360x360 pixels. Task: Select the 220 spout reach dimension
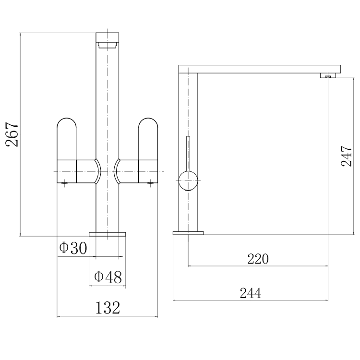pos(258,259)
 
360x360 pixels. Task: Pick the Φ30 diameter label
pos(72,248)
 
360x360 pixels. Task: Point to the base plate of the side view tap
pos(188,234)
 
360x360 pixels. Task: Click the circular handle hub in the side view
pos(188,181)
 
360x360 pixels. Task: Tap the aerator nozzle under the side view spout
pos(329,75)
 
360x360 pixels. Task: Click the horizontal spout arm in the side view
pos(259,69)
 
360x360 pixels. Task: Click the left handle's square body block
pos(67,171)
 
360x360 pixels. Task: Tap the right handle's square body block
pos(148,171)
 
